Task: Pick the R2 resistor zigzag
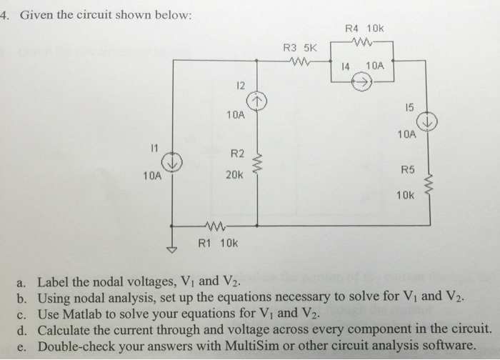[x=258, y=166]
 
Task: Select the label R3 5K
[x=299, y=49]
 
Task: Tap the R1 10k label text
[x=218, y=243]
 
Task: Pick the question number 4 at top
[x=5, y=16]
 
